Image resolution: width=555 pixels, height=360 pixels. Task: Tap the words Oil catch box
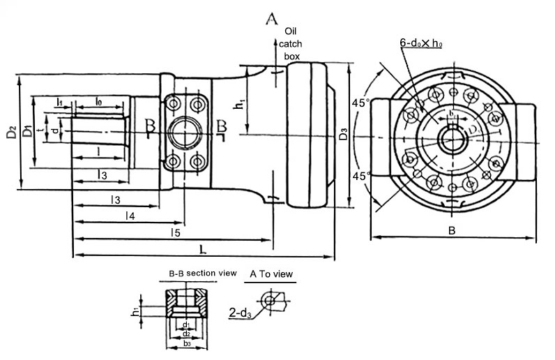point(292,43)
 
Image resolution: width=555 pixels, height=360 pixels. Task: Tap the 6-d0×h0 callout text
point(423,43)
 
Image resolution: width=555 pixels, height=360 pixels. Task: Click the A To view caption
point(272,274)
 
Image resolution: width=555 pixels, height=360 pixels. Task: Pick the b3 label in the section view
point(186,343)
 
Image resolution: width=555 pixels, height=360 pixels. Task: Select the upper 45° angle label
point(360,103)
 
